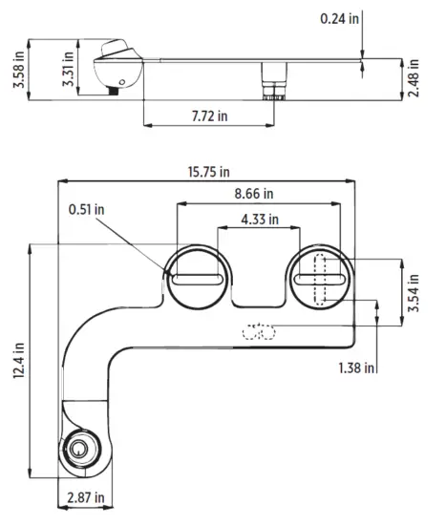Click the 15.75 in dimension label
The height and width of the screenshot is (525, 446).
pyautogui.click(x=210, y=173)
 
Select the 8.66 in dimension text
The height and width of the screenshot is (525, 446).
pyautogui.click(x=257, y=194)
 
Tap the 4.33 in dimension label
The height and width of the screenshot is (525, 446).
pyautogui.click(x=259, y=219)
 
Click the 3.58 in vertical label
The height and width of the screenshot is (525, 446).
pyautogui.click(x=18, y=68)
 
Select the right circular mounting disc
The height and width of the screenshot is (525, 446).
pyautogui.click(x=320, y=279)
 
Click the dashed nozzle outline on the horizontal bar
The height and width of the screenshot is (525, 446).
pyautogui.click(x=258, y=331)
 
